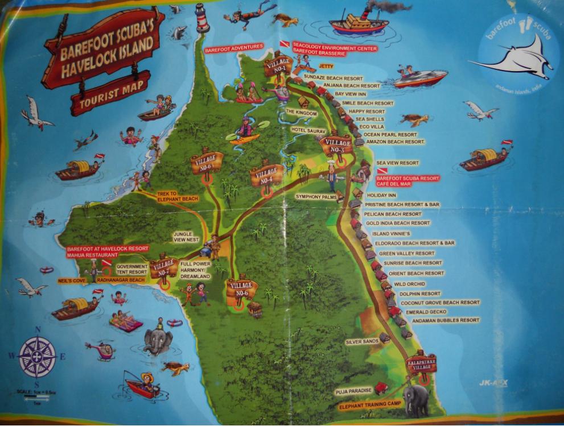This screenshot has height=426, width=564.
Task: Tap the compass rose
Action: [38, 357]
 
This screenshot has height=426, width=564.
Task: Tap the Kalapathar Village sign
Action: [422, 363]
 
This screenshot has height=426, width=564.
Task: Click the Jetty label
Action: [326, 66]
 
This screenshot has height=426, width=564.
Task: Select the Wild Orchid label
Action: [409, 284]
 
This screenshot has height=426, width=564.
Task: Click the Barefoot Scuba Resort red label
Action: [407, 178]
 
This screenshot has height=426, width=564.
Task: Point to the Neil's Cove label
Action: [72, 281]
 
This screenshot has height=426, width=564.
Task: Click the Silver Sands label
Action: [361, 341]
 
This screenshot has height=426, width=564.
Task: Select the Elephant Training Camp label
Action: [370, 406]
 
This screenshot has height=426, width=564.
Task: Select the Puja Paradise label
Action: [355, 391]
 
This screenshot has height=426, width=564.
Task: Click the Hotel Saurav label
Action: [307, 130]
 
